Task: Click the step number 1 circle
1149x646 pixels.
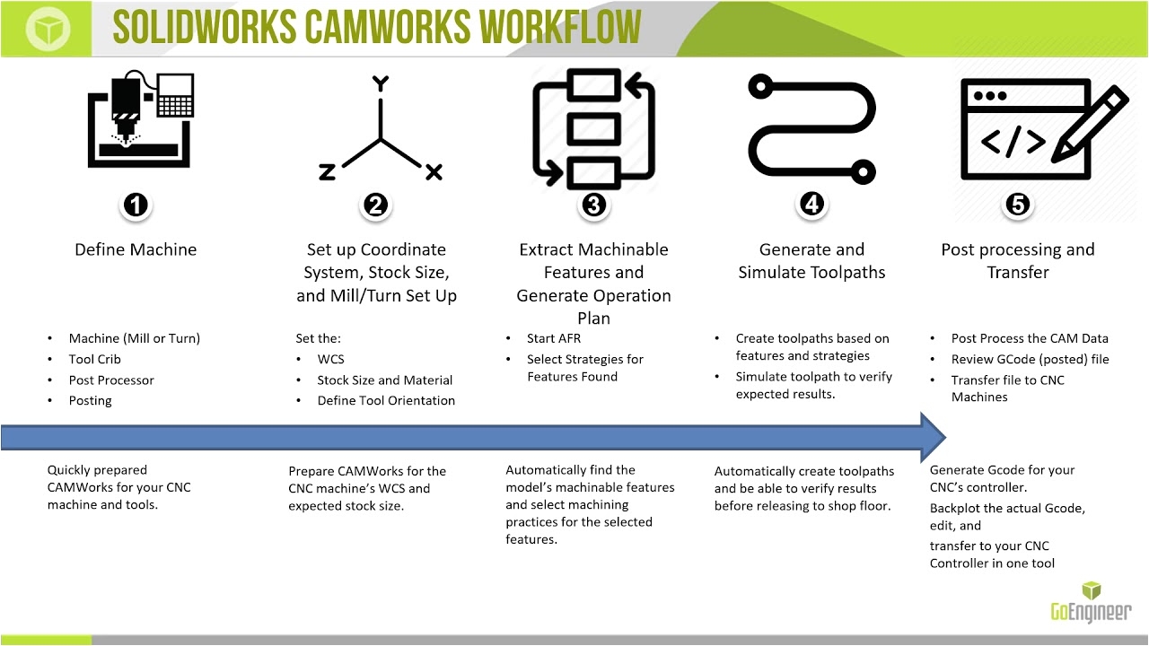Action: (136, 205)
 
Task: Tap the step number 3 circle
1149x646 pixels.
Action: (593, 205)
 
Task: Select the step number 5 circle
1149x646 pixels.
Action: (1018, 205)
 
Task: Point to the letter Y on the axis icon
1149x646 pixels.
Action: (380, 83)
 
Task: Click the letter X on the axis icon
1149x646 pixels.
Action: (434, 172)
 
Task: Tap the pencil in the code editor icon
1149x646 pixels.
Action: (1090, 124)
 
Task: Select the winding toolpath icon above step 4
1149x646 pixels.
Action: (811, 129)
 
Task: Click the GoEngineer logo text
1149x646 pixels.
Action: (1091, 612)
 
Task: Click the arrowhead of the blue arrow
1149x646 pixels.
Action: (933, 437)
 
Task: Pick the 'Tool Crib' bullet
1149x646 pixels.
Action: (95, 360)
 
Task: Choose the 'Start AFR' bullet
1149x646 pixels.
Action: (554, 338)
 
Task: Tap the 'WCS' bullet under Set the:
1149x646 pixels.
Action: (331, 360)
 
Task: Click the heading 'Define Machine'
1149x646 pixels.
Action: (136, 249)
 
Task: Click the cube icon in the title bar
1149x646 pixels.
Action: (48, 28)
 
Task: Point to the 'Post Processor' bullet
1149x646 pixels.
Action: (111, 380)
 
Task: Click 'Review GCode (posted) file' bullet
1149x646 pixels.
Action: (1030, 360)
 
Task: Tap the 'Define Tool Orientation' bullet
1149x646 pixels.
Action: (386, 400)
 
